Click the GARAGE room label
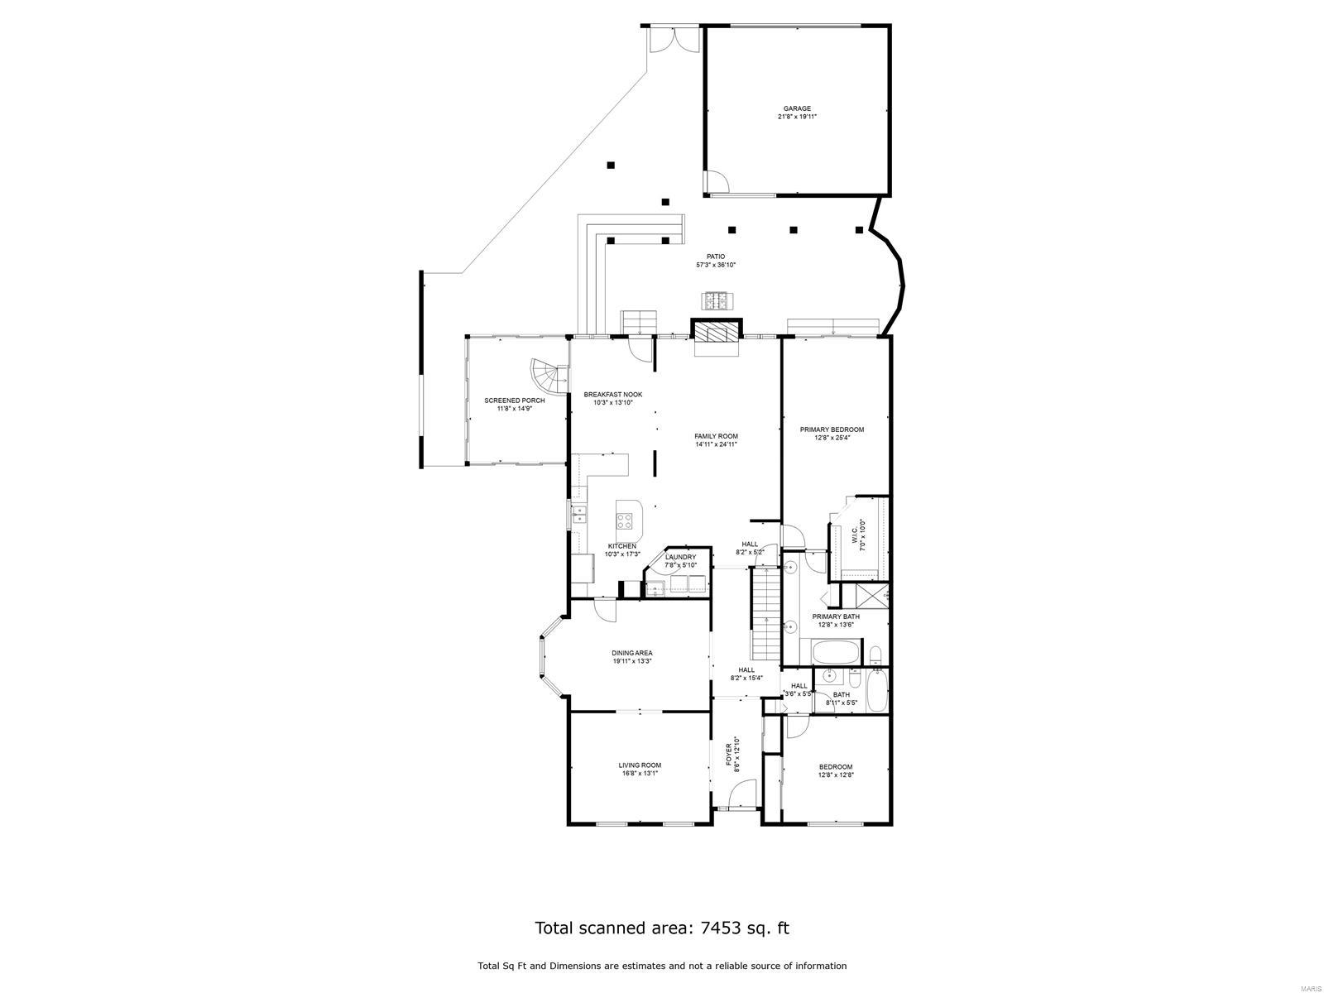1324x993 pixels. point(797,108)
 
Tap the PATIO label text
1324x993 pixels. point(715,257)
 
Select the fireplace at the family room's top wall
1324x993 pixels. point(715,333)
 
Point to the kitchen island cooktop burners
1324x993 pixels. point(625,521)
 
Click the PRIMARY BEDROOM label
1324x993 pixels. point(832,429)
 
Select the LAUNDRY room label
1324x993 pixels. point(681,557)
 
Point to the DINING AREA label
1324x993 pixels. point(632,653)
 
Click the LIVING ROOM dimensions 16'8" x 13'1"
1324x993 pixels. point(640,774)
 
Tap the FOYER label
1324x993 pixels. point(729,755)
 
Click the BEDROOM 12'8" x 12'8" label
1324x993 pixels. point(835,767)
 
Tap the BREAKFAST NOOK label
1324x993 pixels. point(612,395)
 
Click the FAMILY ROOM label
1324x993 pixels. point(716,436)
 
